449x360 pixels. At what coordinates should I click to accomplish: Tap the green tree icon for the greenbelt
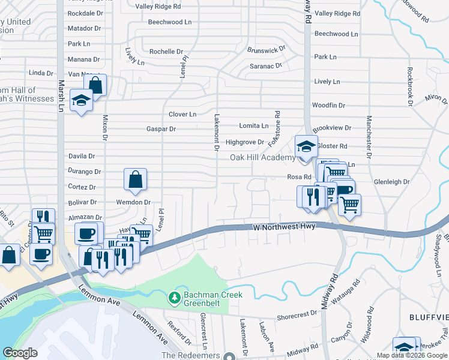(x=175, y=298)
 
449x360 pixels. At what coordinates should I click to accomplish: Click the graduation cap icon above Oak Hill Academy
(x=306, y=146)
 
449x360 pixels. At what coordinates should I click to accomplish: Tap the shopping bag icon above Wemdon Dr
(x=135, y=179)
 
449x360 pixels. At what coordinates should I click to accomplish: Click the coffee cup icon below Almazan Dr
(x=85, y=233)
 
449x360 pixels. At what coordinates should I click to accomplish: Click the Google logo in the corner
(x=20, y=353)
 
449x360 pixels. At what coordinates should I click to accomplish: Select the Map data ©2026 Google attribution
(x=411, y=355)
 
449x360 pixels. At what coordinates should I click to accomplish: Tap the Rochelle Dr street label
(x=161, y=52)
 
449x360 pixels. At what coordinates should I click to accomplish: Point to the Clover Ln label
(x=182, y=114)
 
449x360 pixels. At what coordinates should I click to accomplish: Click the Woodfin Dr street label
(x=329, y=105)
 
